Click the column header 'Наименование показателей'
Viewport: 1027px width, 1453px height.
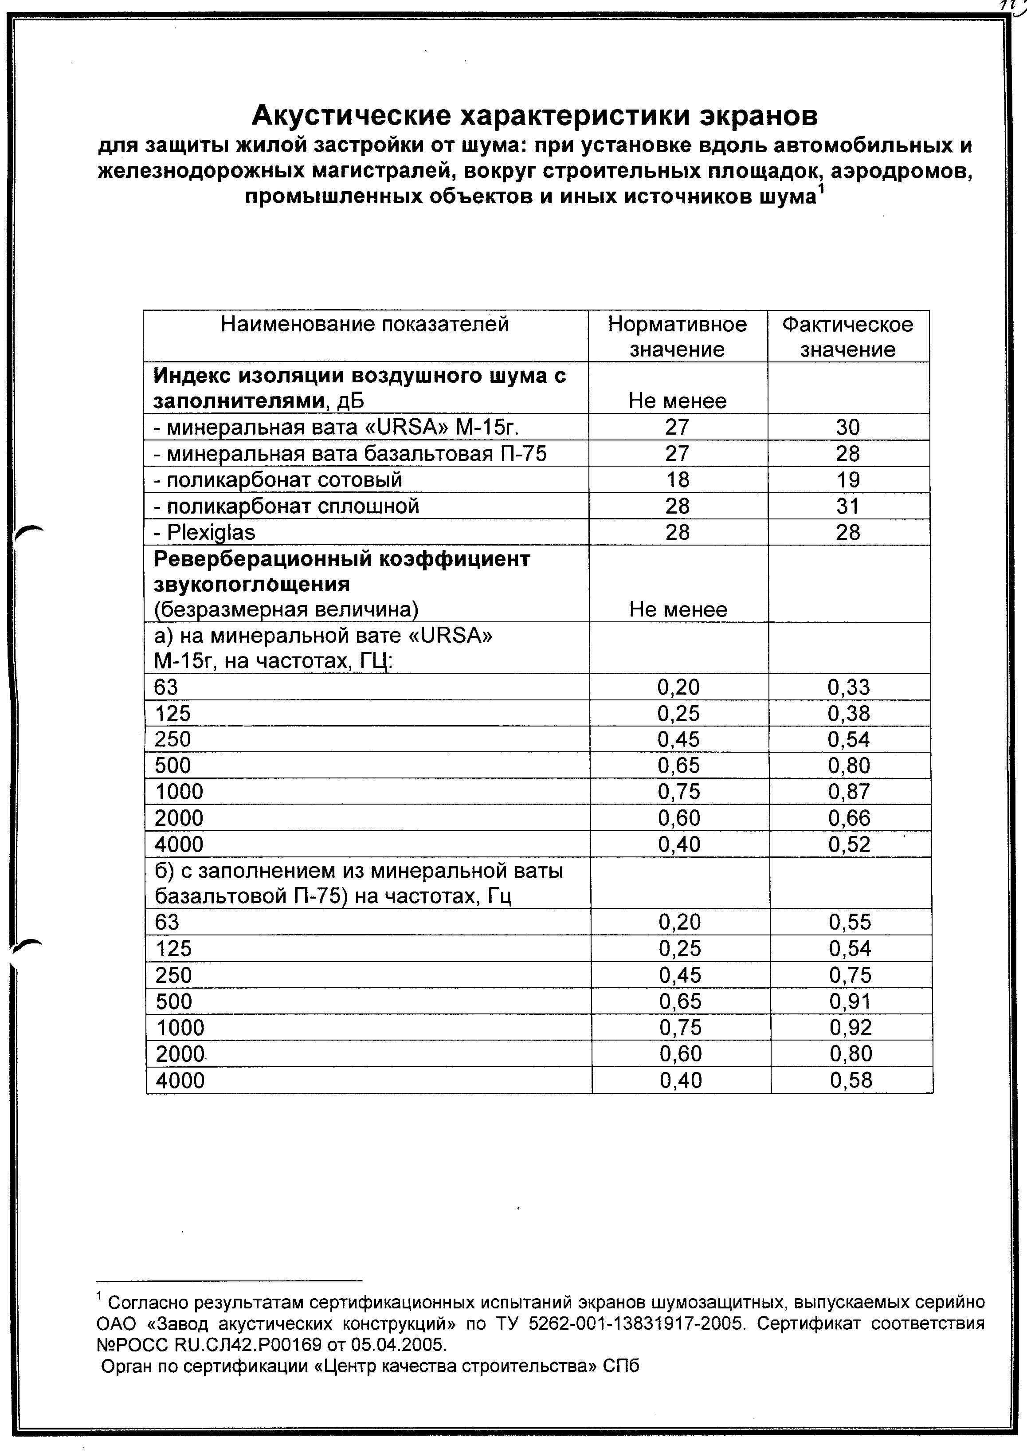(x=365, y=325)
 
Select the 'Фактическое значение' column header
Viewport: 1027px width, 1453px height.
(x=848, y=337)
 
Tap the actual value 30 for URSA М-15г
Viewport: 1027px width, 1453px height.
(x=848, y=427)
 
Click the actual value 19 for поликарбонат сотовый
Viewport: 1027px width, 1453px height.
(x=848, y=480)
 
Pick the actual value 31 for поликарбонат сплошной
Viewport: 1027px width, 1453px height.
(x=848, y=506)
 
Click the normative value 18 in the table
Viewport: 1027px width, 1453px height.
(x=678, y=480)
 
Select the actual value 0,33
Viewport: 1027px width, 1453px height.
(x=849, y=687)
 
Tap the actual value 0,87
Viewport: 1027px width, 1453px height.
(x=849, y=792)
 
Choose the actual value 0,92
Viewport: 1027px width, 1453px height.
(x=851, y=1028)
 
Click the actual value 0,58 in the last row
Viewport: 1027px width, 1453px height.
(x=851, y=1080)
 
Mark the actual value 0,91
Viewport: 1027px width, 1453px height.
(x=851, y=1001)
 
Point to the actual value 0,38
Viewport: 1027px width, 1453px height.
(x=849, y=714)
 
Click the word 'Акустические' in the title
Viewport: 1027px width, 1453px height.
(x=351, y=116)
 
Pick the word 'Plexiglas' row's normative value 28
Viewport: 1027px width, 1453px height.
(x=678, y=533)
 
